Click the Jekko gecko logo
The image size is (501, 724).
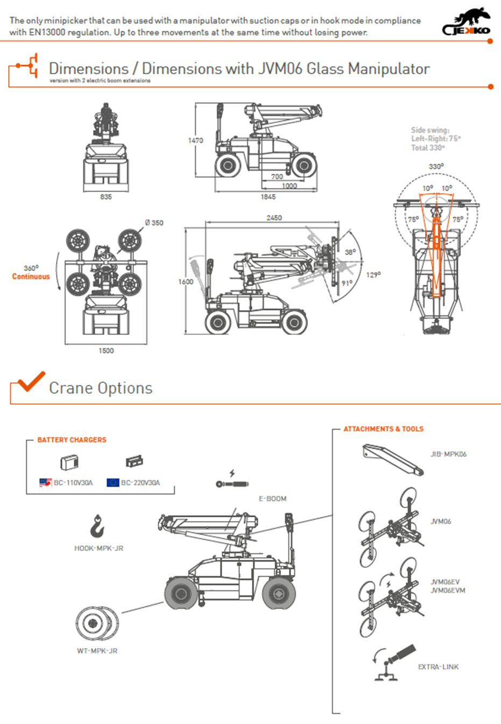(467, 22)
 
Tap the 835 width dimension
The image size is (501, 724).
(106, 197)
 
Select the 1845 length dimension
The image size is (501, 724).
(268, 197)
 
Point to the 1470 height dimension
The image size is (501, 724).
(195, 140)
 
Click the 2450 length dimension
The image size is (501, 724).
(274, 218)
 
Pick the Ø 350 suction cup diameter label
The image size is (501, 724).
(154, 223)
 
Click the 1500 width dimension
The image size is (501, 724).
(106, 351)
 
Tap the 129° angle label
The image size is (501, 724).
(373, 275)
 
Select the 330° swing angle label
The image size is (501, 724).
(436, 166)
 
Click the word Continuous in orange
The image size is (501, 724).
(31, 277)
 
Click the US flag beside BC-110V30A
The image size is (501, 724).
(45, 482)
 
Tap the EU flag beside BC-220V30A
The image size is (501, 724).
(112, 482)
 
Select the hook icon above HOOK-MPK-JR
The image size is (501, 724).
(97, 526)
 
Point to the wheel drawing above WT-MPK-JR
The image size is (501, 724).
(97, 623)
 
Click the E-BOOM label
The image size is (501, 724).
(272, 499)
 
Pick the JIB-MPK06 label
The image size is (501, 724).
(448, 454)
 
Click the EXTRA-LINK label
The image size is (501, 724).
(438, 667)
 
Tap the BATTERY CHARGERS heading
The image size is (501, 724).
(72, 440)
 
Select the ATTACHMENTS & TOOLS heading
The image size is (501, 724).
(383, 429)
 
